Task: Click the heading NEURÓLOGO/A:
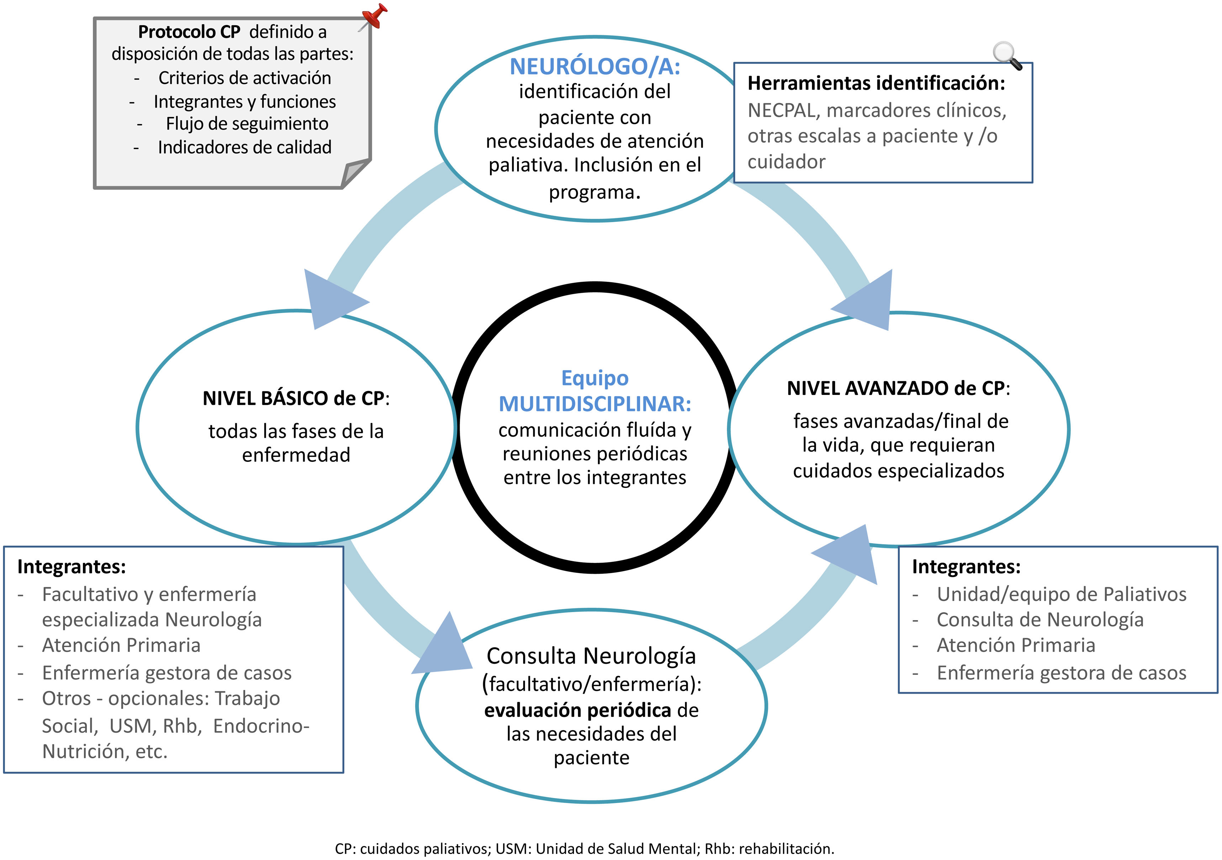tap(595, 67)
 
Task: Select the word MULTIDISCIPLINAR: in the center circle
tap(595, 403)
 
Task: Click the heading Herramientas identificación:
tap(876, 83)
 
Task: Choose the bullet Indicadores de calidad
tap(244, 147)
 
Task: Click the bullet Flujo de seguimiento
tap(247, 124)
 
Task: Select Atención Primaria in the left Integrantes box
tap(121, 645)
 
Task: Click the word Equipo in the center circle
tap(595, 378)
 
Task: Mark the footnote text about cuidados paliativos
tap(584, 848)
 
